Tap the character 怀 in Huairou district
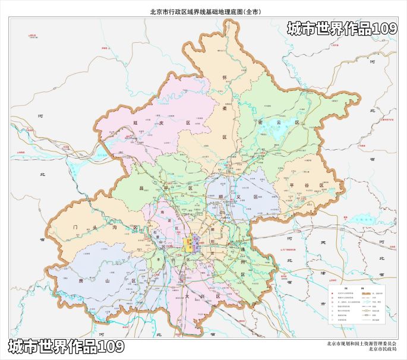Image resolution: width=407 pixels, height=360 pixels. click(225, 77)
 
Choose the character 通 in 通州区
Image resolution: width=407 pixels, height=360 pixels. click(242, 252)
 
